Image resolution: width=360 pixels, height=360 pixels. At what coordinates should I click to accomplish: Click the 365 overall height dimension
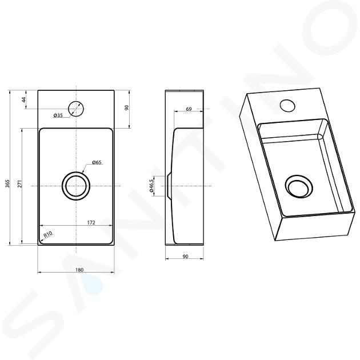point(7,183)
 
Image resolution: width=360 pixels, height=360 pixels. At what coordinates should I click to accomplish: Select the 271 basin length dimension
point(20,184)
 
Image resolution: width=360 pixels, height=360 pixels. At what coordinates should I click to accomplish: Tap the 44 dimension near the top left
point(24,100)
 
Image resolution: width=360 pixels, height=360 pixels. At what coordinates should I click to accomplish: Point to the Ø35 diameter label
point(58,115)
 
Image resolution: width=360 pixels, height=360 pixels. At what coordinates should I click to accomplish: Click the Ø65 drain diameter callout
point(97,162)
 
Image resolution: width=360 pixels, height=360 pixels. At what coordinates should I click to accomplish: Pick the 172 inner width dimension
point(91,222)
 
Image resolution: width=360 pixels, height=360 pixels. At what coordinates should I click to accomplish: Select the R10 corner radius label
point(48,235)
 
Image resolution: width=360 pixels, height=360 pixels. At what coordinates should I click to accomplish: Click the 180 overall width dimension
point(79,270)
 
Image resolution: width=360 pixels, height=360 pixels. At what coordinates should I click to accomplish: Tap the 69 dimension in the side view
point(189,109)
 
